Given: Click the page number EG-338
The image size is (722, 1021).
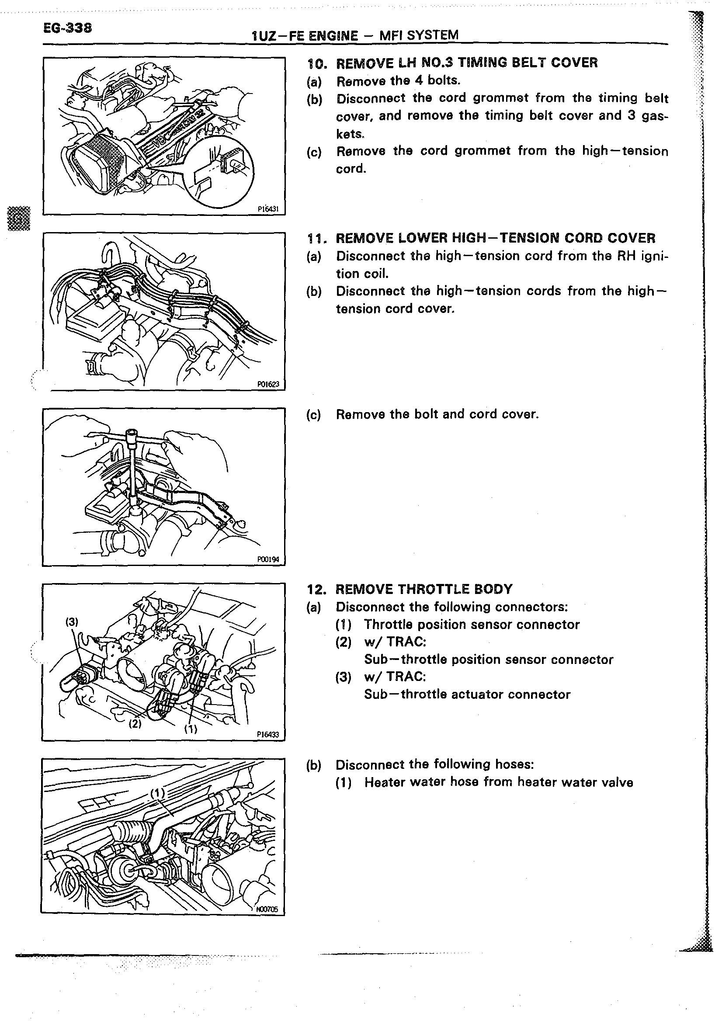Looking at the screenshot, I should tap(68, 28).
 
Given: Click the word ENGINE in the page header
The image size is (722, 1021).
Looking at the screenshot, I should tap(333, 35).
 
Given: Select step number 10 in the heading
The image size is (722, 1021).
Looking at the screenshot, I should tap(316, 63).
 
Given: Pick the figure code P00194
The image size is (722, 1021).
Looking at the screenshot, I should tap(267, 559).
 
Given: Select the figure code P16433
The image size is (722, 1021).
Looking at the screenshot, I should tap(267, 735).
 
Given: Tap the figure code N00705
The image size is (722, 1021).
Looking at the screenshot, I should tap(267, 910).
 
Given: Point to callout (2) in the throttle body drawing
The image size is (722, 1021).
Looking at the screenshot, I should tap(135, 723).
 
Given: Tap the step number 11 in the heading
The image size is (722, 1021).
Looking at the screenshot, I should tap(316, 238).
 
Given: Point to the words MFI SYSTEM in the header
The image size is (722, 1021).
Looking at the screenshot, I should tap(418, 35).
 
